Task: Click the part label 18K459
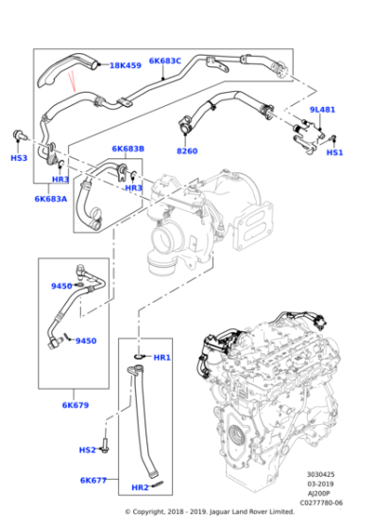coord(126,66)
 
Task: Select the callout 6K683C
coord(165,61)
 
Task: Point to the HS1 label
coord(334,152)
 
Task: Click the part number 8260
coord(187,150)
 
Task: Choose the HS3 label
coord(19,158)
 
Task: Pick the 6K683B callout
coord(127,149)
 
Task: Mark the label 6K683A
coord(51,199)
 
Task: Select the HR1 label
coord(161,358)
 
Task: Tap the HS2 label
coord(87,450)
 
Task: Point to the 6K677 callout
coord(93,481)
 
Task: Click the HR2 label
coord(140,486)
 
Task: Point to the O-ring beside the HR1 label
coord(139,356)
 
